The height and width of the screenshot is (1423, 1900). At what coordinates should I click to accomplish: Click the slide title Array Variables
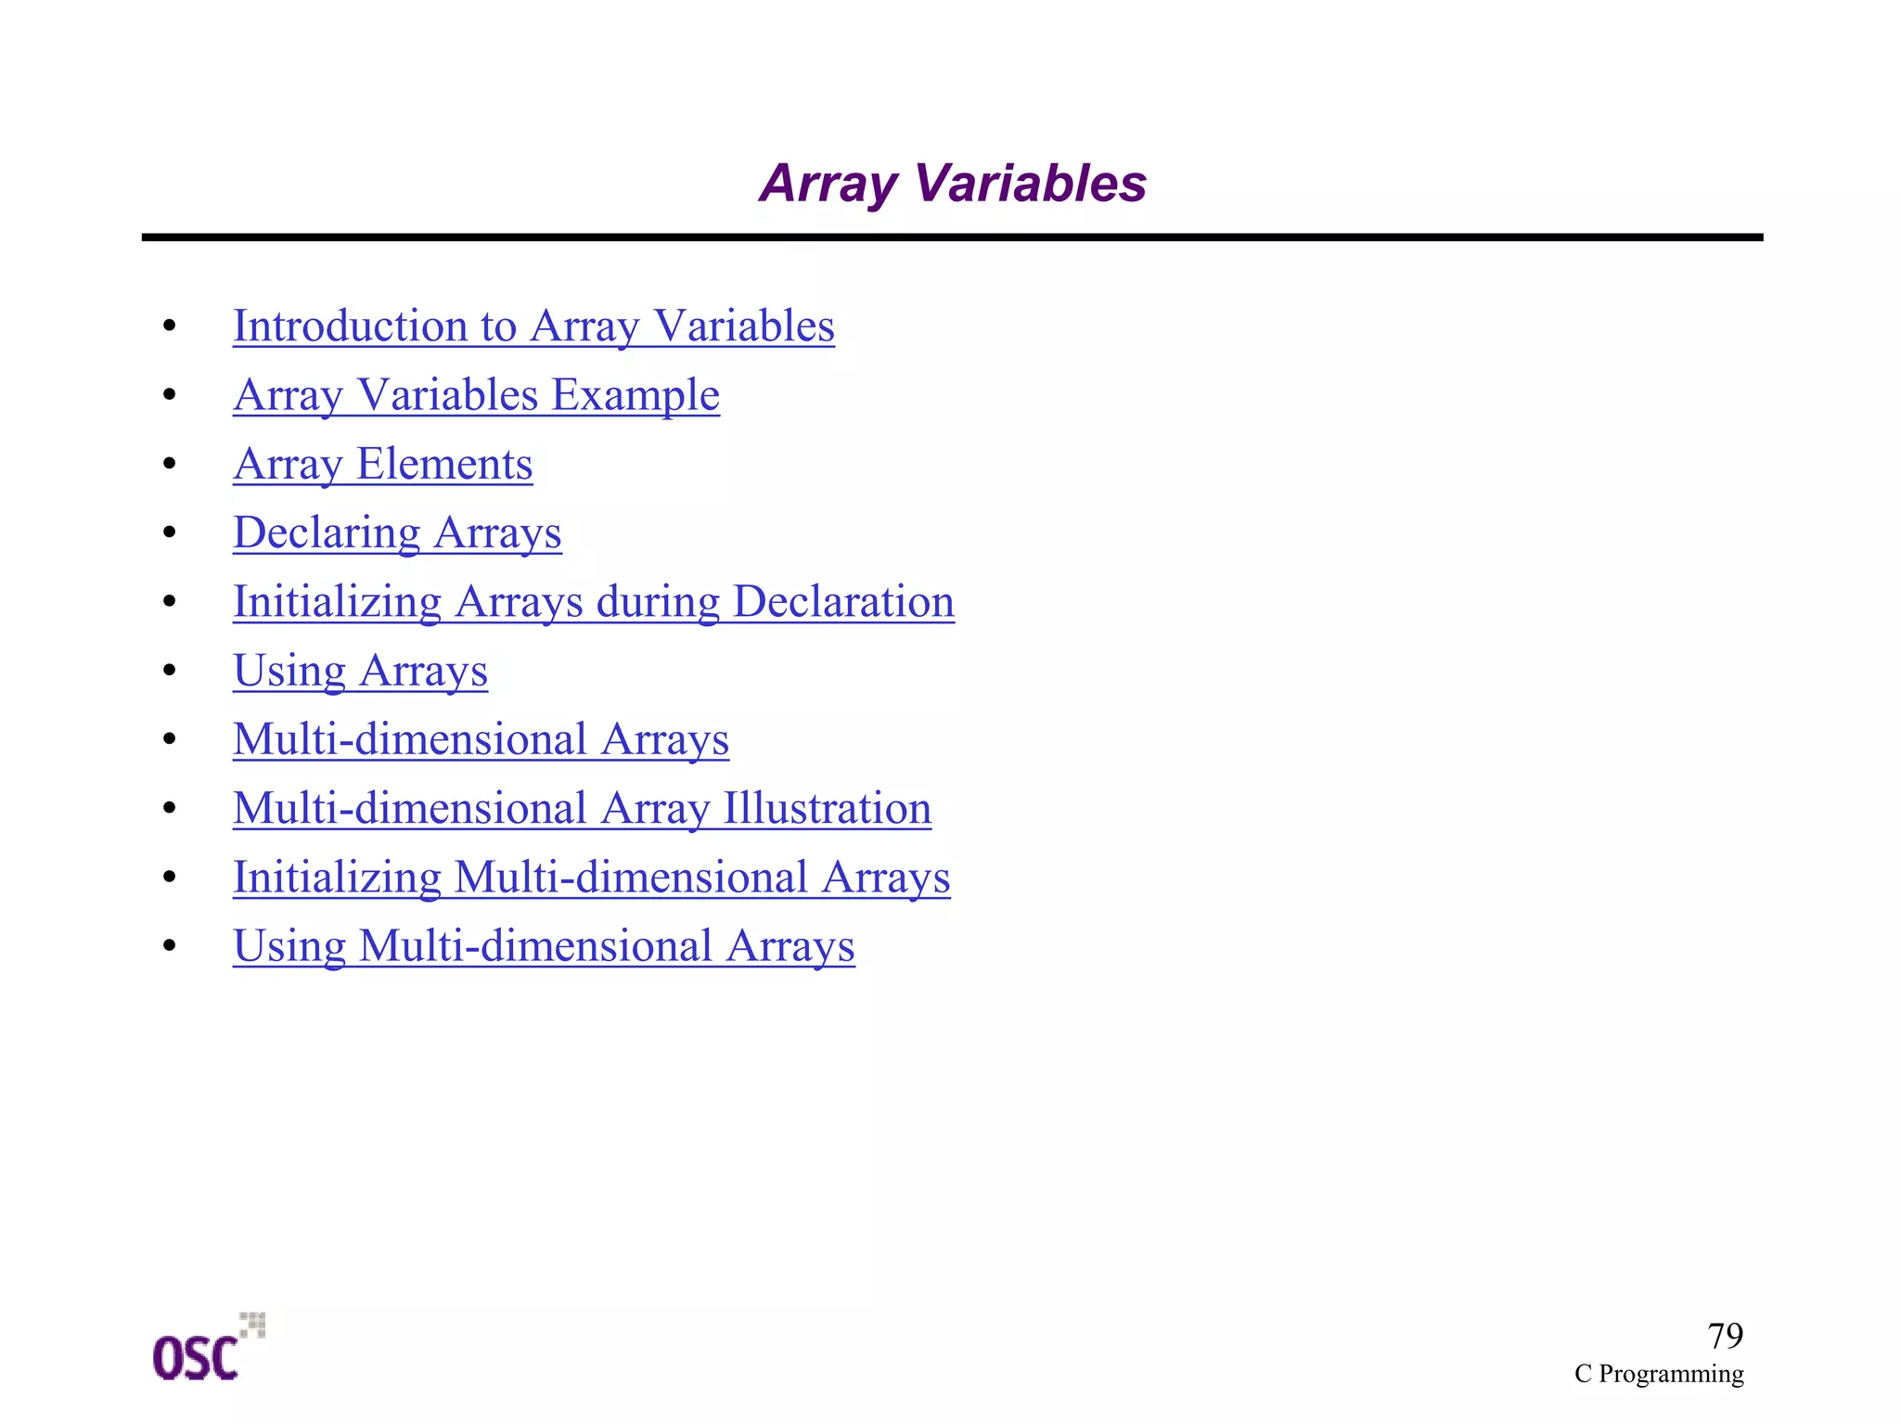pyautogui.click(x=953, y=183)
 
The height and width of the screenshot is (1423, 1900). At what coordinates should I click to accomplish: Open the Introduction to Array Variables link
pyautogui.click(x=533, y=327)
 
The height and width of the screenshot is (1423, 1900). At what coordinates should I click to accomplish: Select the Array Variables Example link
pyautogui.click(x=476, y=395)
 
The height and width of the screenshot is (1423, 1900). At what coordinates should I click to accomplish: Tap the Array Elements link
pyautogui.click(x=382, y=464)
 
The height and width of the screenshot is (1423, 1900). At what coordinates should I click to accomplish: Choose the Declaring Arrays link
pyautogui.click(x=397, y=533)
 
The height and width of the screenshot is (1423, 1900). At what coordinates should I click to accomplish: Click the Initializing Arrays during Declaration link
pyautogui.click(x=594, y=602)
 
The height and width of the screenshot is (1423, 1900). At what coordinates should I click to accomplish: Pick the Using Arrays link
pyautogui.click(x=360, y=671)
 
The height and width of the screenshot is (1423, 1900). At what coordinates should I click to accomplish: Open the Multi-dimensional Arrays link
pyautogui.click(x=481, y=739)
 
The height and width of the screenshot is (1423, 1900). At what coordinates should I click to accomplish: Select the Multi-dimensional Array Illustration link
pyautogui.click(x=582, y=808)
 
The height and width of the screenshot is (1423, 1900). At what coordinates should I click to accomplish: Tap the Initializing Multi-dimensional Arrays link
pyautogui.click(x=591, y=878)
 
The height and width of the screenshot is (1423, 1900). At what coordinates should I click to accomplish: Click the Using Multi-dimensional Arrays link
pyautogui.click(x=544, y=946)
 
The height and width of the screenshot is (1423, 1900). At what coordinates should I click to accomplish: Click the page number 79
pyautogui.click(x=1725, y=1336)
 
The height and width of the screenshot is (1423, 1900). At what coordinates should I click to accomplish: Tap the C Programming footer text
pyautogui.click(x=1659, y=1374)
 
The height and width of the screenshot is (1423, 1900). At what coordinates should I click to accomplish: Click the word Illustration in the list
pyautogui.click(x=827, y=808)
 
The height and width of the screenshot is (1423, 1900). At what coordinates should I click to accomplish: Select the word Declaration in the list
pyautogui.click(x=843, y=602)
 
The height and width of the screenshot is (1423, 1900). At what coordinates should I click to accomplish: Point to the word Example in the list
pyautogui.click(x=635, y=395)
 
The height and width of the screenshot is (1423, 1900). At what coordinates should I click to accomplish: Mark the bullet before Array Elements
pyautogui.click(x=169, y=464)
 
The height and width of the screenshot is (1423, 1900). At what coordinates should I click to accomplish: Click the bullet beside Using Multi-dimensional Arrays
pyautogui.click(x=169, y=946)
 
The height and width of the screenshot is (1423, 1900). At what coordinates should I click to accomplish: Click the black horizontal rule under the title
pyautogui.click(x=952, y=237)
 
